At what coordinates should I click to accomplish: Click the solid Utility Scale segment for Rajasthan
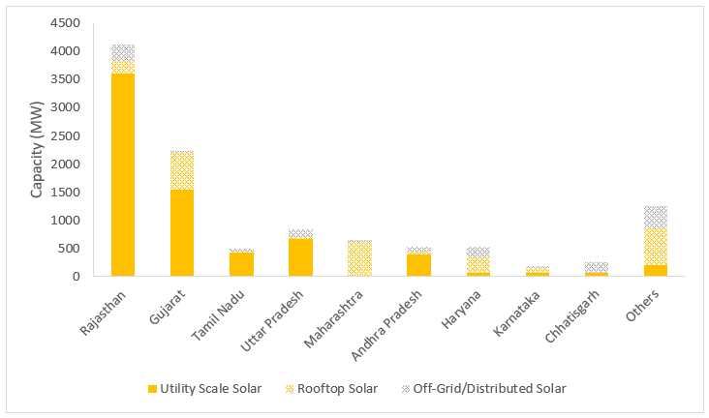pos(123,174)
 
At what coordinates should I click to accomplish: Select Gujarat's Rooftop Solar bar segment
pos(182,170)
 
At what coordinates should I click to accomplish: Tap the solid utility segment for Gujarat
pos(182,232)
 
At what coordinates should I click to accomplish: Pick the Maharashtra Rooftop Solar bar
pos(359,258)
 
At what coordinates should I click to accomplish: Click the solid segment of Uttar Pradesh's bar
pos(300,257)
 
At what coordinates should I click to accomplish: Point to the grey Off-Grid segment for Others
pos(655,217)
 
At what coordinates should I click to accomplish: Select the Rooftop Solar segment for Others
pos(655,246)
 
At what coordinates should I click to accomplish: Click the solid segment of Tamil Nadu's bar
pos(241,264)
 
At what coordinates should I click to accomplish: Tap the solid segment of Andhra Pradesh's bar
pos(418,265)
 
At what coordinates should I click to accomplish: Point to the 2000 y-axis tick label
pos(81,164)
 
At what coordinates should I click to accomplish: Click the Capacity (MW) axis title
pos(37,150)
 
